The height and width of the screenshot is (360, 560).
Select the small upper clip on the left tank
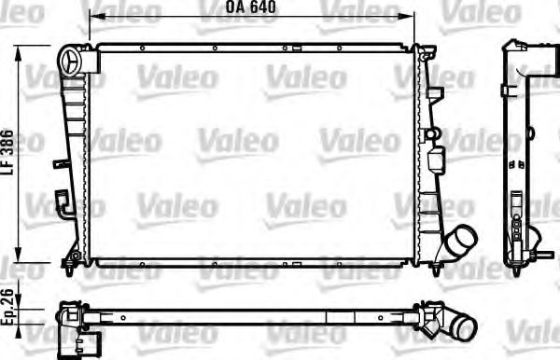pyautogui.click(x=61, y=164)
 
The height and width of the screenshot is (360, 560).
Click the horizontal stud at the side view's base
pyautogui.click(x=533, y=253)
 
